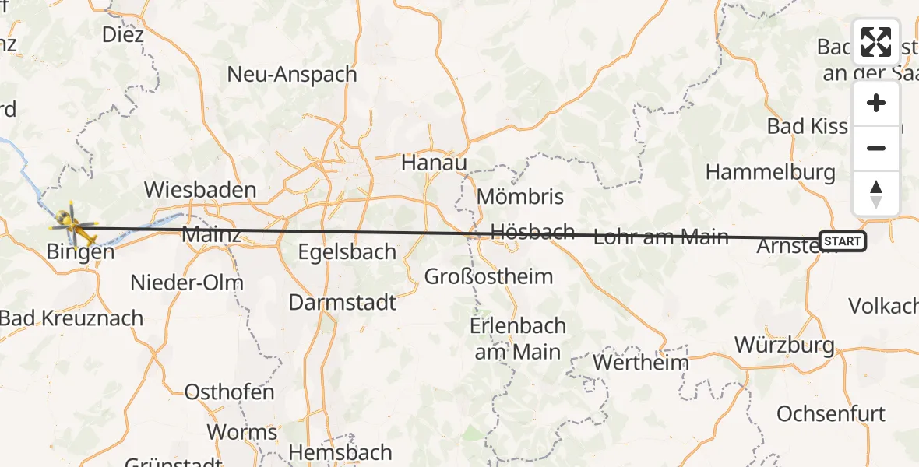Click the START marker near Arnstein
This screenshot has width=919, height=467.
point(842,241)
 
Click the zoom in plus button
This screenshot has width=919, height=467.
point(876,103)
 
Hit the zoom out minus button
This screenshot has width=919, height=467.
point(876,148)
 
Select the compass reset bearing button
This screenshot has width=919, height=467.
point(876,193)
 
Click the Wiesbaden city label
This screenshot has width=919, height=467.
point(200,190)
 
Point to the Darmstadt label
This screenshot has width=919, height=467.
point(343,302)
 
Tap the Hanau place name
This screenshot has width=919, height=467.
point(434,163)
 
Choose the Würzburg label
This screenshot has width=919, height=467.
point(784,345)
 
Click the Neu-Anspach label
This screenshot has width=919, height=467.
point(292,75)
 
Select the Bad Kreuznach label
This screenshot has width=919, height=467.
point(72,318)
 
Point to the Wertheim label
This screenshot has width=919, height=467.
point(641,363)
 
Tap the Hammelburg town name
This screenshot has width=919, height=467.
point(770,172)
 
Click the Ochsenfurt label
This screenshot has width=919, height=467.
point(831,413)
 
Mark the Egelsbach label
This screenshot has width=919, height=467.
point(348,252)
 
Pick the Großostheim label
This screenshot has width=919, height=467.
point(488,276)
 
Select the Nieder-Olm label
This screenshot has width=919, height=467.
point(187,283)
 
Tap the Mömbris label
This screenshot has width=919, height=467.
point(519,196)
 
